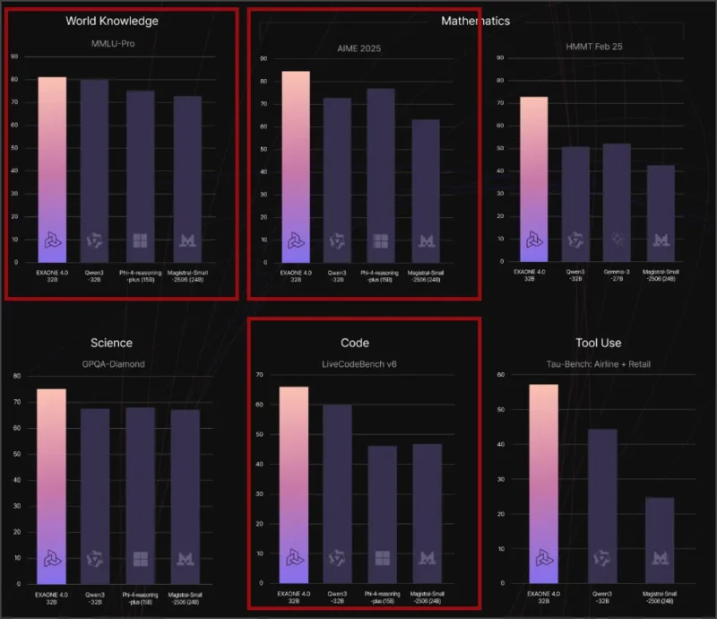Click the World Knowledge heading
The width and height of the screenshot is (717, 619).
[112, 20]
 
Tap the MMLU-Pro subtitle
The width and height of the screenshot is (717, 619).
[112, 43]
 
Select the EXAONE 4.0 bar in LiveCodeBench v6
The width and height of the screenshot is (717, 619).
[294, 484]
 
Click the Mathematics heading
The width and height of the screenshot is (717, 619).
[475, 20]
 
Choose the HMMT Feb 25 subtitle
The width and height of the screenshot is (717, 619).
[595, 46]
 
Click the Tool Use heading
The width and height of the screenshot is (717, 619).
[597, 343]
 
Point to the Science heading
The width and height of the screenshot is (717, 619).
[112, 343]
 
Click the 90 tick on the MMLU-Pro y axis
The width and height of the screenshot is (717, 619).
[13, 56]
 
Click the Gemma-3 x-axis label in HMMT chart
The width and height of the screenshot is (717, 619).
[617, 274]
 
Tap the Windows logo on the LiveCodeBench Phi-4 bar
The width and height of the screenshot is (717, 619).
[382, 557]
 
